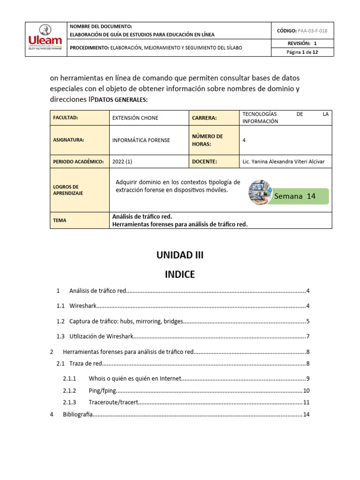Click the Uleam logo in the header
coord(45,39)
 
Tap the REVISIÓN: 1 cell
coord(302,43)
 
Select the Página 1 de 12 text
coord(302,52)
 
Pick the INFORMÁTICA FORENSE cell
coord(141,140)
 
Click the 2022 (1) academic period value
coord(122,162)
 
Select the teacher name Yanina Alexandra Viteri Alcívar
coord(283,162)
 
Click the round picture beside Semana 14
coord(260,192)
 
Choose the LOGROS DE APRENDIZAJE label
coord(68,190)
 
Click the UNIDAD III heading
coord(180,255)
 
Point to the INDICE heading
coord(180,275)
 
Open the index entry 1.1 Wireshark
coord(82,306)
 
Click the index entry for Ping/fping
coord(102,390)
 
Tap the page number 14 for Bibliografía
coord(307,414)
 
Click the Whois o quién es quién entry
coord(134,378)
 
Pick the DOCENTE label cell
coord(204,162)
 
